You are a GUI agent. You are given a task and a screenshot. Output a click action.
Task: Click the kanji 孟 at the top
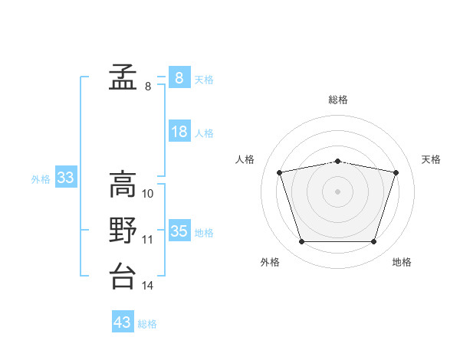[123, 77]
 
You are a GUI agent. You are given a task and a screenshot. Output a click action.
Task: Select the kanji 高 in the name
[123, 184]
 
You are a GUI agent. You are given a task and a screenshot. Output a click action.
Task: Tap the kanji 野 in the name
[123, 230]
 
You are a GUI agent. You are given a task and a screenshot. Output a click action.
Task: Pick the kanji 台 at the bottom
[123, 276]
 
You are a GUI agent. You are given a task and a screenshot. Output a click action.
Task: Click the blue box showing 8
[179, 77]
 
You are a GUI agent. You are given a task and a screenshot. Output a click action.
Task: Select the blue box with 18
[179, 130]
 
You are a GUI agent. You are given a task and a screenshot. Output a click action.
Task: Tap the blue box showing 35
[179, 230]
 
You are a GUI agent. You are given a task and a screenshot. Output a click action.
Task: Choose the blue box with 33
[66, 176]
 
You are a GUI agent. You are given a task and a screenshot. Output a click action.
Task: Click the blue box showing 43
[123, 321]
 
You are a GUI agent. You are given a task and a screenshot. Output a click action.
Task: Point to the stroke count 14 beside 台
[147, 285]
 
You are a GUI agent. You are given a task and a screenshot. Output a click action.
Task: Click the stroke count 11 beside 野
[147, 240]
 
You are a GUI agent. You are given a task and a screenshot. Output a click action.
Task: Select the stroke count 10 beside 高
[147, 194]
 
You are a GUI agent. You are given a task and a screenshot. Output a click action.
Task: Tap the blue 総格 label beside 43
[147, 324]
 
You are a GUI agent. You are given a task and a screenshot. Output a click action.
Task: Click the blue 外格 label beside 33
[41, 179]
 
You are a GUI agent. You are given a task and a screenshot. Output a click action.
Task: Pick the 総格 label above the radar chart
[337, 100]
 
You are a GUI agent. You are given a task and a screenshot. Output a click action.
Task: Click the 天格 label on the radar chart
[431, 159]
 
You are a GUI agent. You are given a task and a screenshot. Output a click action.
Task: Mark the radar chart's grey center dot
[337, 191]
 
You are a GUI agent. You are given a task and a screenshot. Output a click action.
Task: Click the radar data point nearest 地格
[373, 241]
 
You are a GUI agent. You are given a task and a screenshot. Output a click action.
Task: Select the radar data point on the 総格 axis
[337, 162]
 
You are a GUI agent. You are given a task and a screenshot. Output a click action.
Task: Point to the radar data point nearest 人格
[279, 172]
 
